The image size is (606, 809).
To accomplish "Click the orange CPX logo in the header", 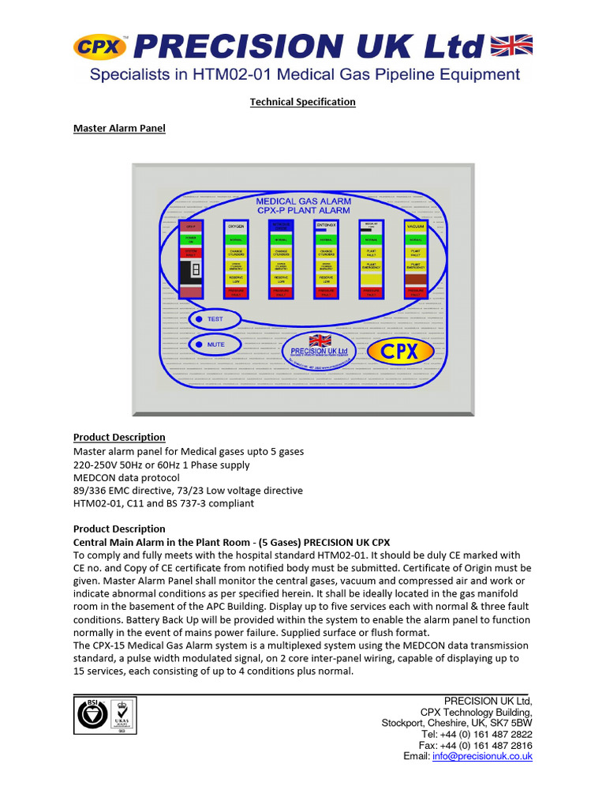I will (100, 47).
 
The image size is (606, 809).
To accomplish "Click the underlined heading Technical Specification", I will (303, 102).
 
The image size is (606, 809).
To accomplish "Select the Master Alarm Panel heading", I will (119, 128).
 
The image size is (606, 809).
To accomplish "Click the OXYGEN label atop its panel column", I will (236, 226).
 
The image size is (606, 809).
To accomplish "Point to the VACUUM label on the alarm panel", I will (416, 226).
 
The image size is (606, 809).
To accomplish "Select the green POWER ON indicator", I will (190, 239).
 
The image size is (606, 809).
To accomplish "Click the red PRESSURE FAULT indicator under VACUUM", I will (416, 292).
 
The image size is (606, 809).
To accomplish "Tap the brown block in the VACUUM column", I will (416, 279).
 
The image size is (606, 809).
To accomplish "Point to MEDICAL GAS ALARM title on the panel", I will (304, 201).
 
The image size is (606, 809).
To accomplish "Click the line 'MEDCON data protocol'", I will (126, 477).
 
